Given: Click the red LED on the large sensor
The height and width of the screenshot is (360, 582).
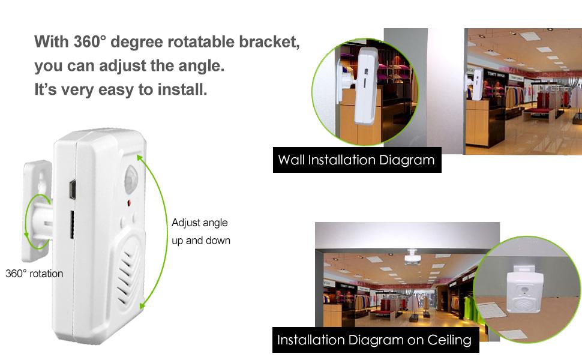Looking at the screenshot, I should pyautogui.click(x=129, y=204).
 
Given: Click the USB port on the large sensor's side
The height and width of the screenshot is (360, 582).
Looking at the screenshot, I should pyautogui.click(x=71, y=189).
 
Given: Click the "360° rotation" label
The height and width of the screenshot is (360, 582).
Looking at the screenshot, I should pyautogui.click(x=34, y=274).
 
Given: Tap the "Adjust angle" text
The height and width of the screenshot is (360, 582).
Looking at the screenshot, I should pyautogui.click(x=200, y=223).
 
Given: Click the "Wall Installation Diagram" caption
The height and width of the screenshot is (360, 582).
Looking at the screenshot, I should pyautogui.click(x=356, y=160).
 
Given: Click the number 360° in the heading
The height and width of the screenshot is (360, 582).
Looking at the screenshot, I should pyautogui.click(x=89, y=43).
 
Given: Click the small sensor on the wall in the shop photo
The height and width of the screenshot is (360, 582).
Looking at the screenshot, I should pyautogui.click(x=478, y=85).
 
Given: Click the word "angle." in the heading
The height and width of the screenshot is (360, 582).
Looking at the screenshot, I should pyautogui.click(x=202, y=67).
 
